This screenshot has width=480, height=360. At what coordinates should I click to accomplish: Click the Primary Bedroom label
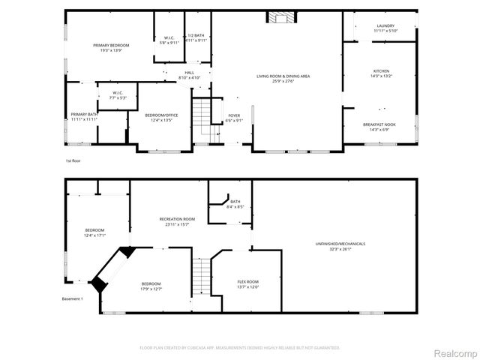pyautogui.click(x=111, y=46)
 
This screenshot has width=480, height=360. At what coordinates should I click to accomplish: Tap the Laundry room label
pyautogui.click(x=385, y=25)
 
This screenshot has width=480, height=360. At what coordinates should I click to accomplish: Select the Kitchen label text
pyautogui.click(x=382, y=71)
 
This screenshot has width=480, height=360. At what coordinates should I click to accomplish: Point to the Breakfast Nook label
pyautogui.click(x=381, y=124)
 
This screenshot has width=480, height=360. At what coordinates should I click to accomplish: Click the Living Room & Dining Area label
pyautogui.click(x=283, y=76)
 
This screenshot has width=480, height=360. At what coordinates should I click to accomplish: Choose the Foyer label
pyautogui.click(x=235, y=116)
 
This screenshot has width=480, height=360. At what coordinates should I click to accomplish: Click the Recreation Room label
pyautogui.click(x=173, y=219)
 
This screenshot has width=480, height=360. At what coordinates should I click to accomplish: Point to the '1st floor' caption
pyautogui.click(x=72, y=160)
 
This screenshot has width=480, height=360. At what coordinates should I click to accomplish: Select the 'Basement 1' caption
pyautogui.click(x=72, y=298)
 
